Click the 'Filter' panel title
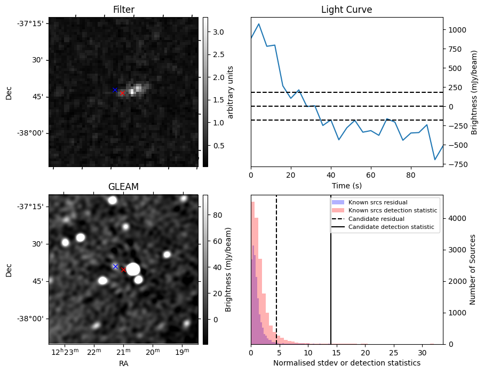coord(123,10)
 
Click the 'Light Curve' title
coord(346,10)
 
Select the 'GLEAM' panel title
coord(123,187)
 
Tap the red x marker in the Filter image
coord(122,93)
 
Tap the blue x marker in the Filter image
coord(115,90)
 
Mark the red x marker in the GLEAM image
coord(123,269)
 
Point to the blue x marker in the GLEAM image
coord(115,266)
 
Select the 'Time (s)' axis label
coord(346,185)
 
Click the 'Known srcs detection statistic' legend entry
coord(392,211)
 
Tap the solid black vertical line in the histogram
coord(331,277)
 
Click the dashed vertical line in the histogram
coord(276,277)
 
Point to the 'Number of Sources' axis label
coord(473,269)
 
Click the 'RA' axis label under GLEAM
coord(123,363)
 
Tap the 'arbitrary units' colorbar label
coord(231,92)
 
